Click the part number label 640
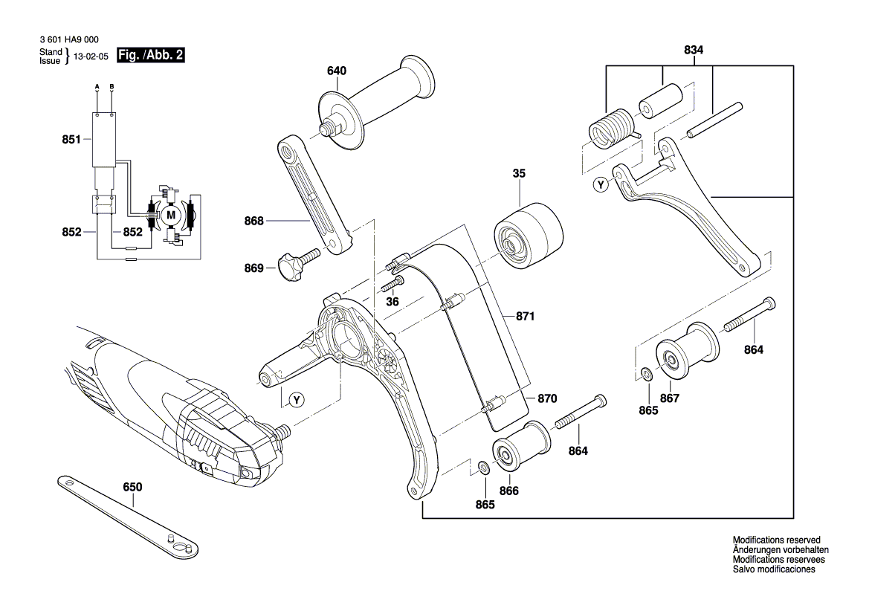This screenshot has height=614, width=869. [x=336, y=71]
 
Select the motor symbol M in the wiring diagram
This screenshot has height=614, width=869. [x=171, y=215]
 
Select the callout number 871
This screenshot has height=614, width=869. [x=526, y=317]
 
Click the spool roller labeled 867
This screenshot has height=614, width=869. [x=684, y=354]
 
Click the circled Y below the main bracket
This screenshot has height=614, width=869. [x=297, y=400]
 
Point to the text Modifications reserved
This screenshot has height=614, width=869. [x=775, y=540]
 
